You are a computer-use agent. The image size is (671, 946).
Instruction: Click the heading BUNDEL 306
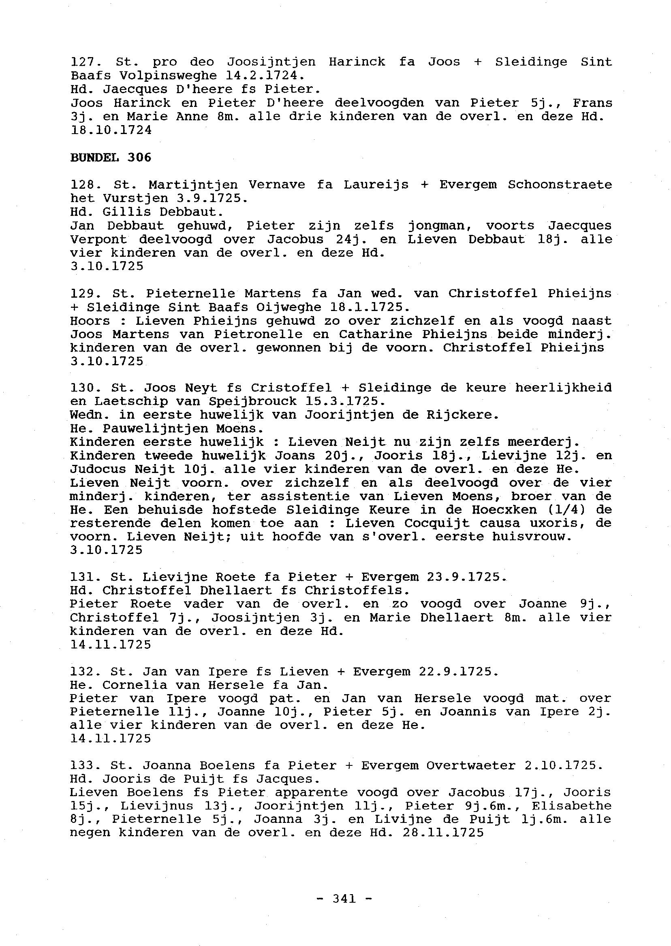coord(111,157)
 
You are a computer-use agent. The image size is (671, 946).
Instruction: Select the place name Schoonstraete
coord(560,185)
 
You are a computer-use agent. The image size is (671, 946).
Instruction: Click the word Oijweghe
coord(289,307)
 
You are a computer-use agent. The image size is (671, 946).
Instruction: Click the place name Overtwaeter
coord(470,765)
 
